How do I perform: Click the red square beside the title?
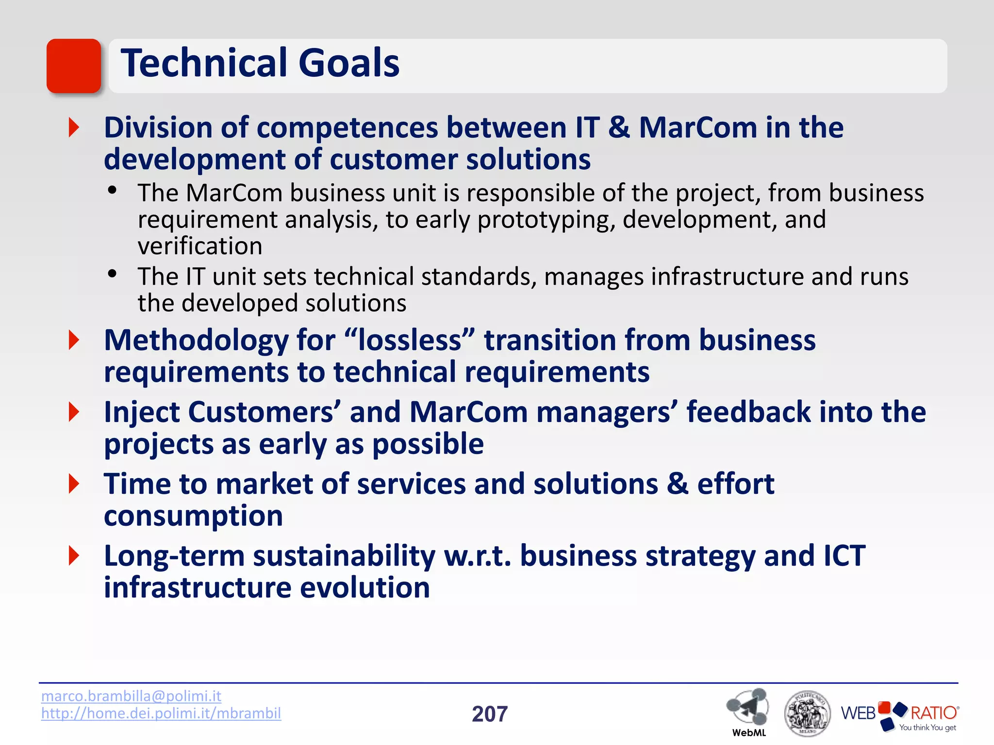(74, 66)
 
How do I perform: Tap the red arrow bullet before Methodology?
(74, 340)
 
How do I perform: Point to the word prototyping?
(543, 220)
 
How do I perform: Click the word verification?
(200, 246)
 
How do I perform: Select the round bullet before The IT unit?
(113, 275)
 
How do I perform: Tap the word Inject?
(142, 412)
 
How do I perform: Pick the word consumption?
(193, 516)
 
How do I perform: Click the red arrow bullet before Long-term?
(74, 555)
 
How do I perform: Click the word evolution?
(364, 588)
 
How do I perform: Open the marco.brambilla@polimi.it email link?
(131, 696)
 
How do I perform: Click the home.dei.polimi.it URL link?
(161, 713)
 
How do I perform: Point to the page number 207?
(490, 714)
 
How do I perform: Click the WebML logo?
(748, 711)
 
